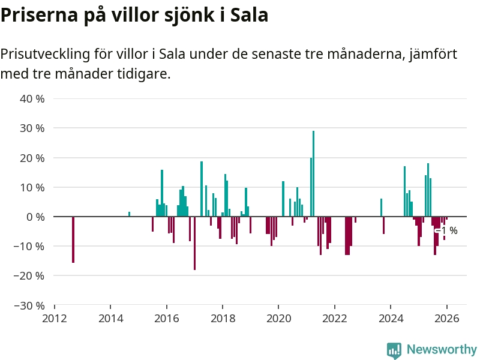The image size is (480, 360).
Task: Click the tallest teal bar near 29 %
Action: [x=313, y=173]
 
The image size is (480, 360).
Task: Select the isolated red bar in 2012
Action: [x=73, y=239]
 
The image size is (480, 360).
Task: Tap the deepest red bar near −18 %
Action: [x=194, y=243]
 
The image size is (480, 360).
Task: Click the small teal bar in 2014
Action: [x=129, y=214]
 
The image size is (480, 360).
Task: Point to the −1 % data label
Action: [x=448, y=230]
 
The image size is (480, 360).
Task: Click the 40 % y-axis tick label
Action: [x=32, y=98]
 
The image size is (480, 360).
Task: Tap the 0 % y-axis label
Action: [x=35, y=217]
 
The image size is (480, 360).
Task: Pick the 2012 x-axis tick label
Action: [x=55, y=318]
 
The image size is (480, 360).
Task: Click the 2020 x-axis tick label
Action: [x=278, y=318]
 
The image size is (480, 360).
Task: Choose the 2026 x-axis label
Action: [x=446, y=318]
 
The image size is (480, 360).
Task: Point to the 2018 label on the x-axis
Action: [x=223, y=318]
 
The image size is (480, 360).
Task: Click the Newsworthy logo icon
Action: [x=394, y=350]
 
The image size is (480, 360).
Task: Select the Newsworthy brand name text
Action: [x=442, y=350]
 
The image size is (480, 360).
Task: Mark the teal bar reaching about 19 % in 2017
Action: [x=202, y=188]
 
